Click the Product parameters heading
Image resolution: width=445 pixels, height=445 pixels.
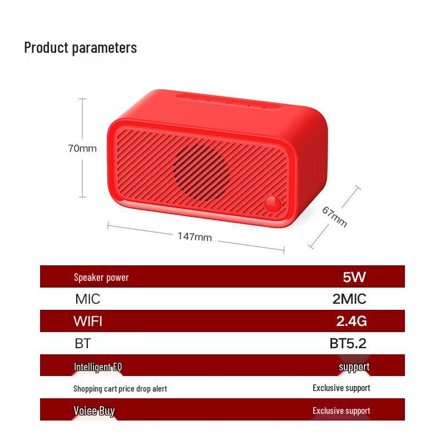point(80,48)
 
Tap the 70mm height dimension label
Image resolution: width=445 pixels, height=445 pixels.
point(82,149)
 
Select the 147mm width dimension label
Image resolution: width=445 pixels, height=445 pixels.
point(195,236)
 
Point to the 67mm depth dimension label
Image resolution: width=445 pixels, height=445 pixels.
point(335,217)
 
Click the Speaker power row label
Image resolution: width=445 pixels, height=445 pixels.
point(101,277)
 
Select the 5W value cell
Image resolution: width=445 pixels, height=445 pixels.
point(354,276)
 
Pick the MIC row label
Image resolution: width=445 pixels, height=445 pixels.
point(88,299)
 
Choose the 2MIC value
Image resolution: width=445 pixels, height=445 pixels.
point(349,299)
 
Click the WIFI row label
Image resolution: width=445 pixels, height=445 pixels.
point(88,321)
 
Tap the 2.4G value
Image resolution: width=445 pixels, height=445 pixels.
point(352,321)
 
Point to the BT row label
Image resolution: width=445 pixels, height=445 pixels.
point(82,343)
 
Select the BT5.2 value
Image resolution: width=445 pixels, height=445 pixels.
point(348,343)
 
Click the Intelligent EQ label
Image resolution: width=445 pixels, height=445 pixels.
point(98,367)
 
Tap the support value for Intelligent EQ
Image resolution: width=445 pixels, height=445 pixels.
point(354,367)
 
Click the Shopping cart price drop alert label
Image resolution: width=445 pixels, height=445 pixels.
point(120,388)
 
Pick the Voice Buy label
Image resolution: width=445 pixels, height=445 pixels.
point(94,411)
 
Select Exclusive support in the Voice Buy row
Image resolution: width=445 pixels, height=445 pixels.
point(341,411)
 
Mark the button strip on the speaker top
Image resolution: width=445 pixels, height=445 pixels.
point(228,102)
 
